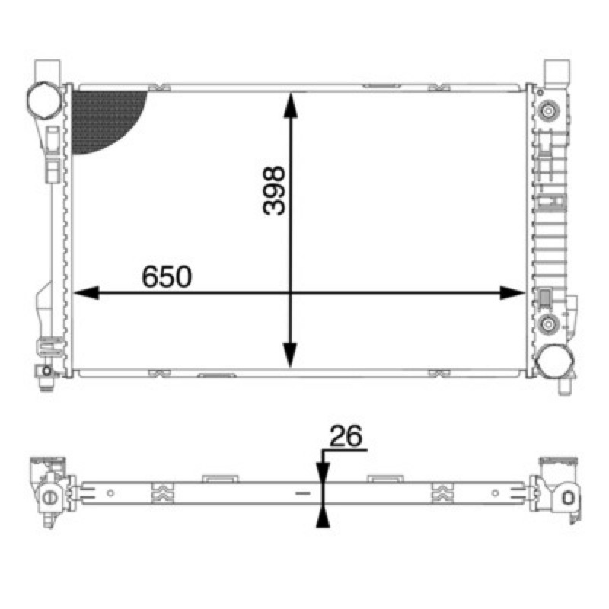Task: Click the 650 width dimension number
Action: tap(167, 276)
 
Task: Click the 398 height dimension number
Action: tap(274, 191)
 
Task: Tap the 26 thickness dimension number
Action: tap(346, 435)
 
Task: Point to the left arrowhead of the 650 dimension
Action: tap(86, 293)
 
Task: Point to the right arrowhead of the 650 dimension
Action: tap(512, 293)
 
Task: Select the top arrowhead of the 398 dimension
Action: tap(291, 105)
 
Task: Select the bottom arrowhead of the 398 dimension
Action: tap(290, 356)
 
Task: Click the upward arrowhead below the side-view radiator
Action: tap(323, 517)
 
